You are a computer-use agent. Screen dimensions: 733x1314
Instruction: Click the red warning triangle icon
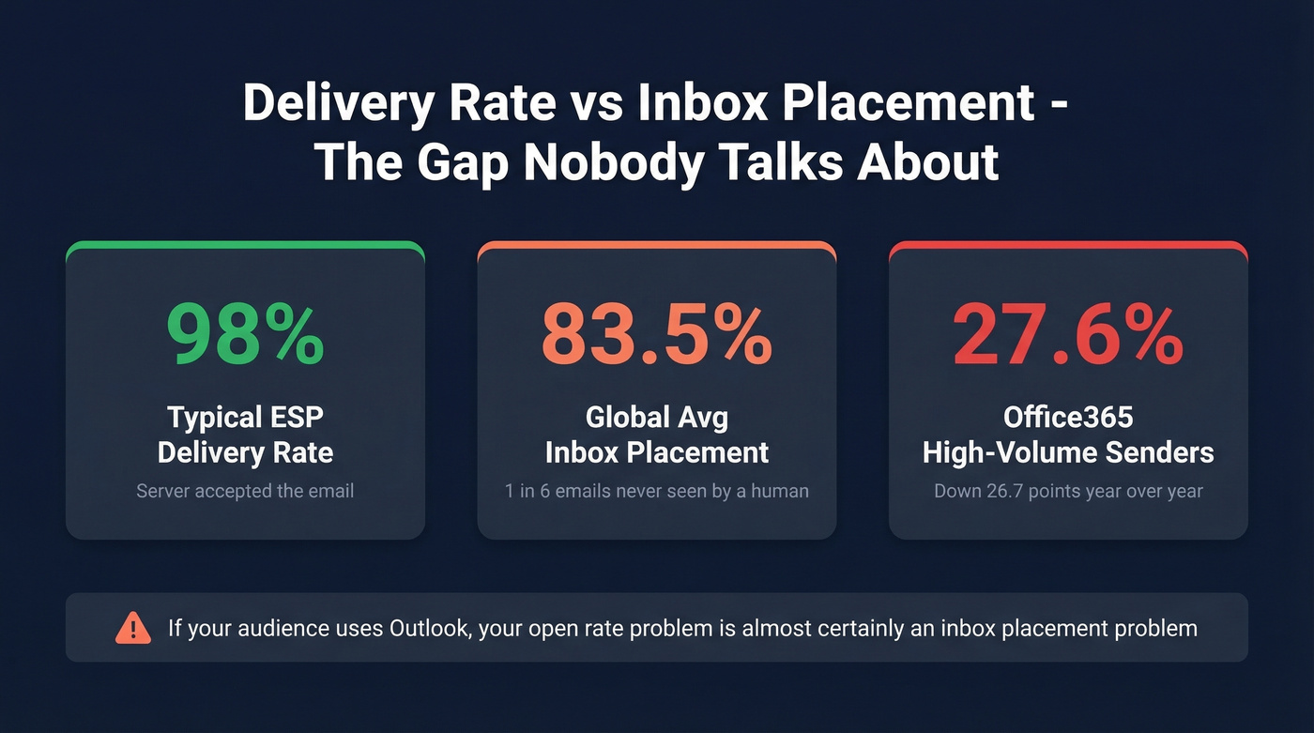pos(133,627)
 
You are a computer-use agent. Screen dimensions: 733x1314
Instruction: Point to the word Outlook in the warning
pos(428,627)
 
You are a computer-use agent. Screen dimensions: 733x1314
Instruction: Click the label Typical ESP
pos(245,416)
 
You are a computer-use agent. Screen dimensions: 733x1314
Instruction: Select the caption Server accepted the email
pos(245,490)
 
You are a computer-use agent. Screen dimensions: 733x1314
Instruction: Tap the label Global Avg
pos(656,416)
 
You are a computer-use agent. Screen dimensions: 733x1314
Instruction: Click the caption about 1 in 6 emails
pos(656,490)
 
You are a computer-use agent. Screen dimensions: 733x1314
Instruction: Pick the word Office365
pos(1067,416)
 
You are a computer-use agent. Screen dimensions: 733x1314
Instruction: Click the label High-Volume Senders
pos(1067,452)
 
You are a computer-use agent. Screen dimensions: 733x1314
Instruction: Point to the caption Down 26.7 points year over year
pos(1067,490)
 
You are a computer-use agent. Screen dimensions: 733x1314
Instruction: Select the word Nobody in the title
pos(612,162)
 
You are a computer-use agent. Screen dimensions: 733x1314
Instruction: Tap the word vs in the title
pos(597,103)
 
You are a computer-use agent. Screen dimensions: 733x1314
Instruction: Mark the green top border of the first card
pos(245,245)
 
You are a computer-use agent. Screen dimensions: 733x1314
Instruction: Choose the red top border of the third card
pos(1067,245)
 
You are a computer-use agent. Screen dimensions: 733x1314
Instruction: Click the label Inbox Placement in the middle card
pos(656,452)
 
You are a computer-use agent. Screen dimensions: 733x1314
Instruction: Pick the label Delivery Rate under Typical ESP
pos(245,452)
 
